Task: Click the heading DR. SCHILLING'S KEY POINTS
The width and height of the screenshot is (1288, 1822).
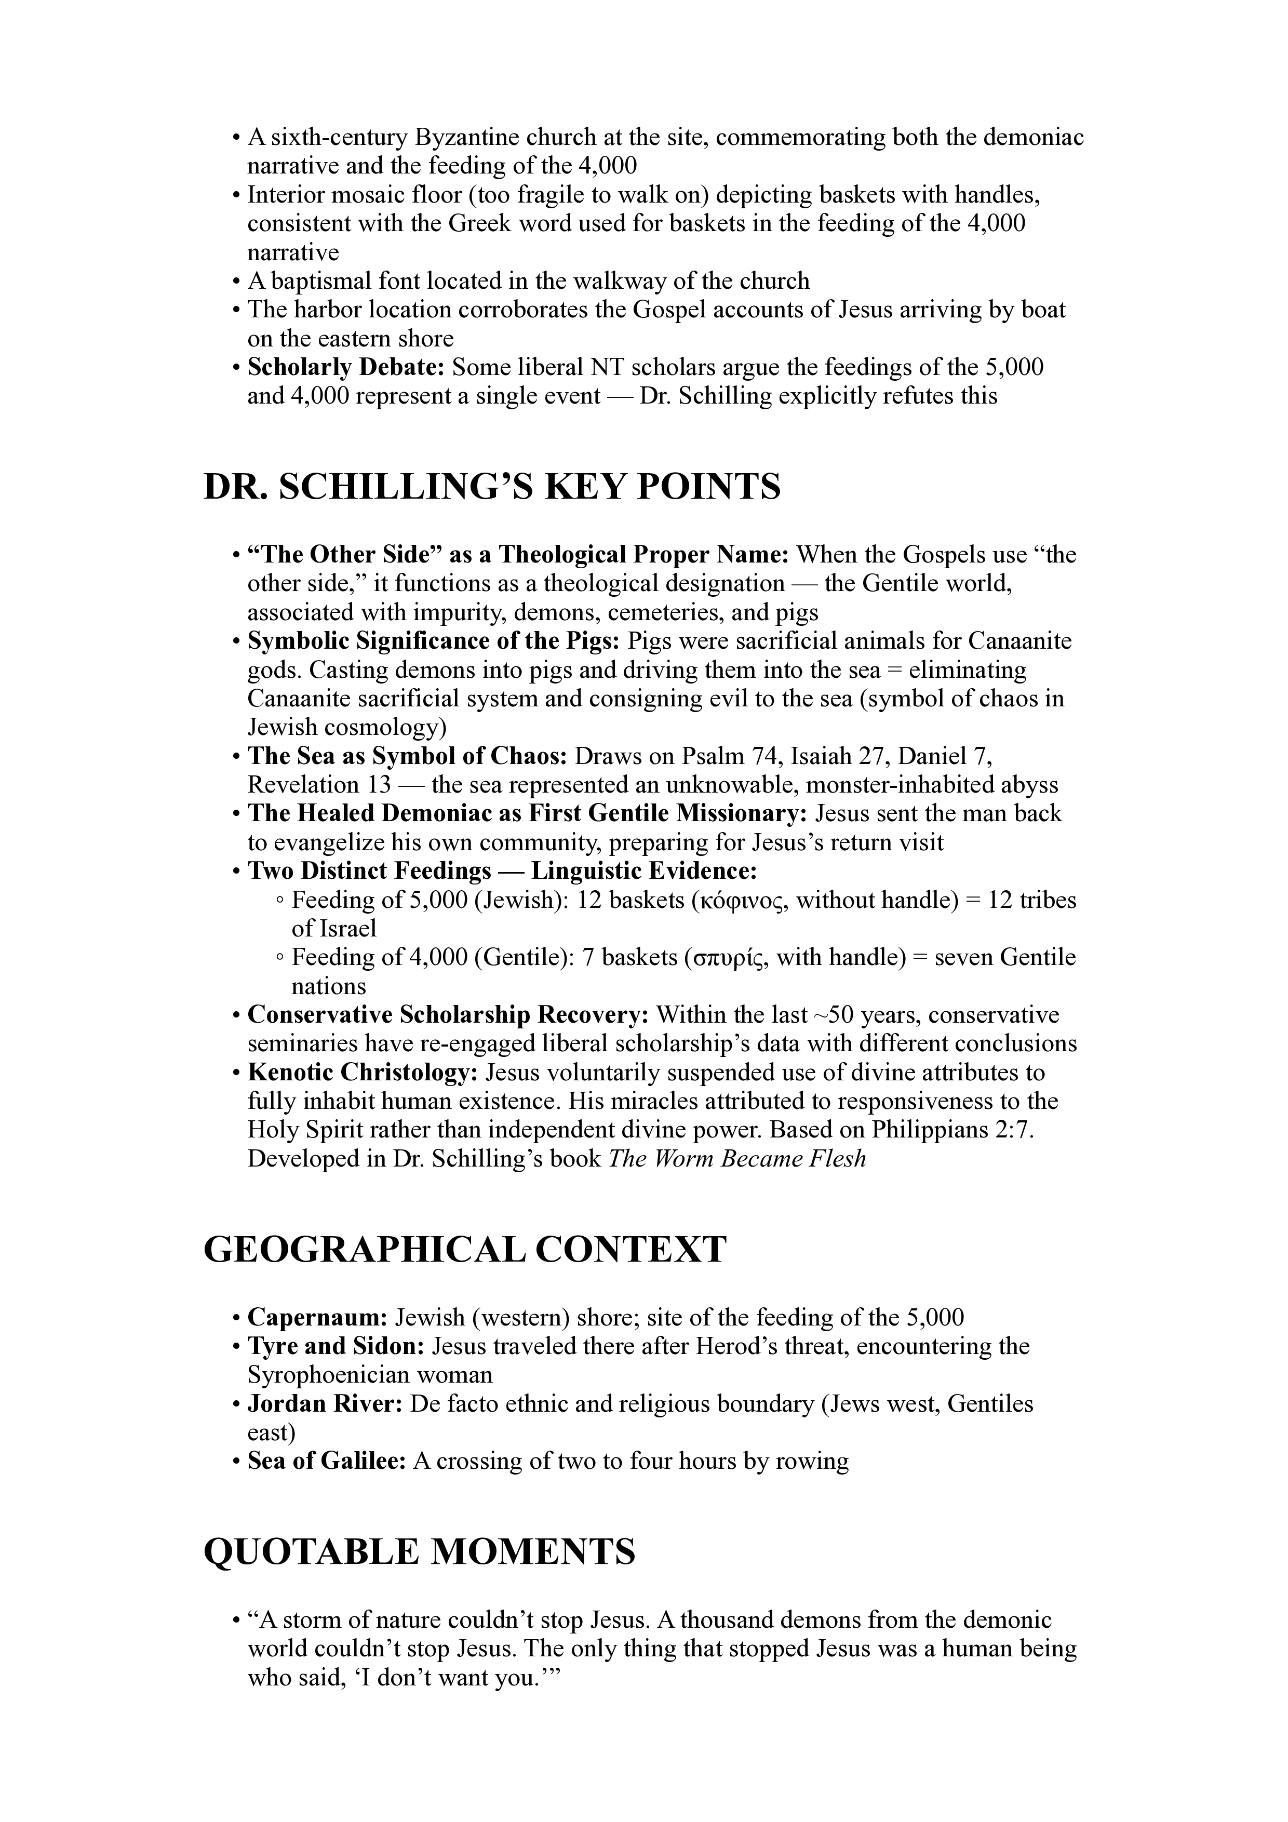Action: coord(492,487)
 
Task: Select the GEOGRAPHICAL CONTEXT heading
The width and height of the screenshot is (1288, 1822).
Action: coord(465,1250)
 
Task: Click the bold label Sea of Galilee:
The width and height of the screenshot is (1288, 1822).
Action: coord(327,1461)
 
